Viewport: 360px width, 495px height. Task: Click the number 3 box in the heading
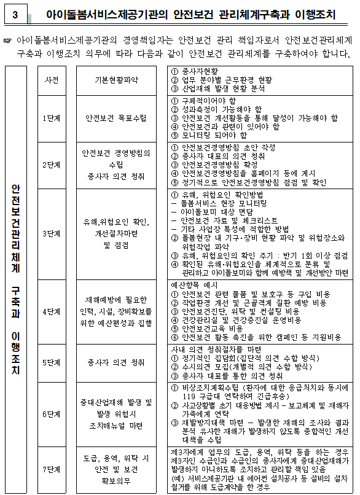[x=14, y=12]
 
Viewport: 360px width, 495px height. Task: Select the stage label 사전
[x=52, y=80]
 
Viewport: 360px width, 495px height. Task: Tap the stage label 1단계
[x=52, y=118]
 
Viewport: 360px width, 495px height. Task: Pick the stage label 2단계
[x=52, y=165]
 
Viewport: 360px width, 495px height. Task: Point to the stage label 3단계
[x=52, y=233]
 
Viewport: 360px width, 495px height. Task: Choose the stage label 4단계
[x=52, y=311]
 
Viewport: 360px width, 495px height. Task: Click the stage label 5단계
[x=52, y=362]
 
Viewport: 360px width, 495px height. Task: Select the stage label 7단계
[x=52, y=469]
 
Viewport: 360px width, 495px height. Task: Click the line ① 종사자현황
[x=196, y=71]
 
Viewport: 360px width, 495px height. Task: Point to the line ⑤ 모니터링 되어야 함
[x=213, y=135]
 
